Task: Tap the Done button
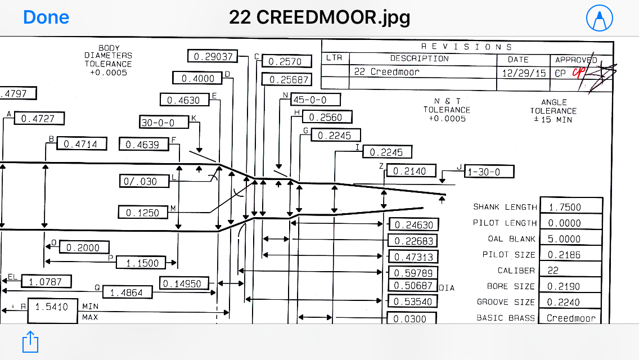tap(46, 17)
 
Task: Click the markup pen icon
tap(600, 18)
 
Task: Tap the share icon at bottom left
tap(30, 341)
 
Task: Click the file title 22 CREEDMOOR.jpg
tap(319, 17)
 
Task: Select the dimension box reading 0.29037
tap(213, 56)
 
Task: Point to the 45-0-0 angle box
tap(316, 100)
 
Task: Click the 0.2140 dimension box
tap(410, 170)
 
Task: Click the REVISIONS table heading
tap(466, 47)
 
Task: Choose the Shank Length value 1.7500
tap(570, 207)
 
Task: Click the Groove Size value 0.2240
tap(570, 302)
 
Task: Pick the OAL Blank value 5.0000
tap(570, 238)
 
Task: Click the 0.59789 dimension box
tap(413, 273)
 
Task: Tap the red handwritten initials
tap(578, 73)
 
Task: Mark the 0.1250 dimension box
tap(143, 213)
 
